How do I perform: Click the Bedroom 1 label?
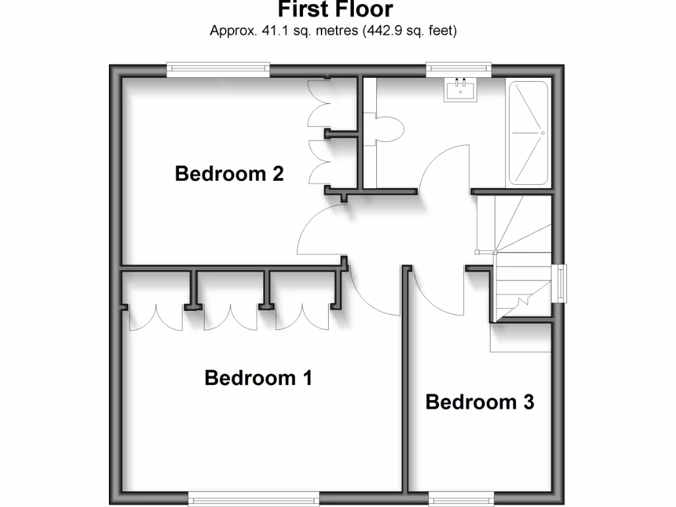point(258,378)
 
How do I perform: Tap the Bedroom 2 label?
point(229,174)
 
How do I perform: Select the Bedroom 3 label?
point(479,401)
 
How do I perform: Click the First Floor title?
point(335,10)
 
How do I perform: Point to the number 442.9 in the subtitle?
point(381,30)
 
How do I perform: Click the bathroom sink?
point(460,89)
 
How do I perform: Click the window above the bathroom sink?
point(459,67)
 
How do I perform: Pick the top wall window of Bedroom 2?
point(218,67)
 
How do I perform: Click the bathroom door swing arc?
point(442,168)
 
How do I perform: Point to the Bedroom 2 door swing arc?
point(320,228)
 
